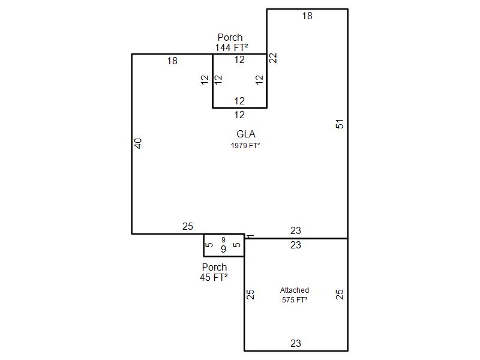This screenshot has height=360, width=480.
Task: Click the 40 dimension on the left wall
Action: (x=139, y=143)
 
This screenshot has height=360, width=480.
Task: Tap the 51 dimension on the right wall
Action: (x=340, y=124)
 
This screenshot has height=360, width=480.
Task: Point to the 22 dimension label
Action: (x=273, y=58)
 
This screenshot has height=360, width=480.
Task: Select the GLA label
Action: (x=246, y=134)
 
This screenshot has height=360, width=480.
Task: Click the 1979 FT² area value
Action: (x=245, y=145)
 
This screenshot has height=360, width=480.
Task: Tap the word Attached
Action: (x=295, y=290)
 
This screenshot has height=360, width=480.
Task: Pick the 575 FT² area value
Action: (x=295, y=299)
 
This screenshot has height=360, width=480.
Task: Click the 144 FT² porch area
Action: (x=232, y=48)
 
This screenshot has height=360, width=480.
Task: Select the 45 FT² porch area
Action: (x=214, y=277)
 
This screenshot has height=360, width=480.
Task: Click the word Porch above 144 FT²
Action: (x=230, y=37)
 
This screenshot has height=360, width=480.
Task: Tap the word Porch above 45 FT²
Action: (x=214, y=267)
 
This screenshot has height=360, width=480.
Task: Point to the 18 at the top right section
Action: (x=307, y=16)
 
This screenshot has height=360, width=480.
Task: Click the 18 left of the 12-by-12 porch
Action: (x=172, y=61)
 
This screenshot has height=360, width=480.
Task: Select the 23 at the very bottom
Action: (x=296, y=343)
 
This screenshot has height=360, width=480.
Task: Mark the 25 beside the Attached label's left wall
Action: (x=250, y=294)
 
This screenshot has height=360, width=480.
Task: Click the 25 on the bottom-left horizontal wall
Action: (x=188, y=226)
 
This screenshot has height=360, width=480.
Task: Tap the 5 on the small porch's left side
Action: (x=209, y=245)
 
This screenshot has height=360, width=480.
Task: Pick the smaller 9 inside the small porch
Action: (x=223, y=239)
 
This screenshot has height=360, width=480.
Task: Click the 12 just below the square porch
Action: (x=239, y=115)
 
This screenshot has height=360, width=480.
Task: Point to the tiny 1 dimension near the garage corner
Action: (x=250, y=236)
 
